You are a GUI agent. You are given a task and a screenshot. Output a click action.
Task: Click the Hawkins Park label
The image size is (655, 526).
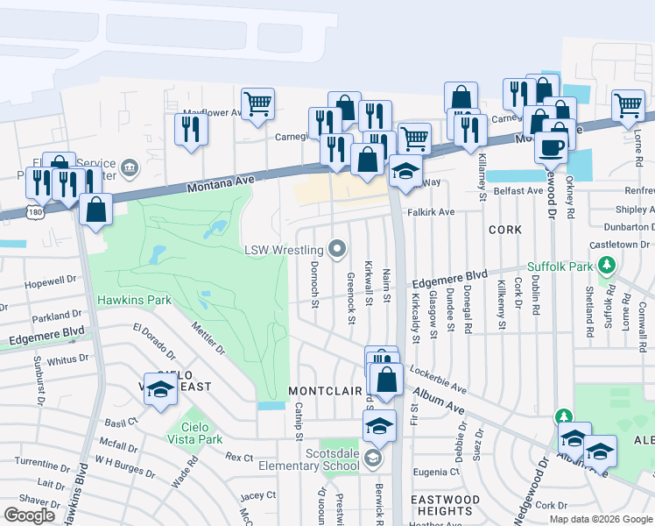point(134,300)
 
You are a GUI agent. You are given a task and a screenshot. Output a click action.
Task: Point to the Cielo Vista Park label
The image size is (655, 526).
point(197,438)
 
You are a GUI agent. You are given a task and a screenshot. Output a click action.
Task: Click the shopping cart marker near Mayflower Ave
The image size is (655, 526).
point(257,103)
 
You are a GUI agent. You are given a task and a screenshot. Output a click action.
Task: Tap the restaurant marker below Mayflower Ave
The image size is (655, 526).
point(189,129)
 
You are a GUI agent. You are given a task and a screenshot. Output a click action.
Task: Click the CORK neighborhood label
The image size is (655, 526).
point(505,230)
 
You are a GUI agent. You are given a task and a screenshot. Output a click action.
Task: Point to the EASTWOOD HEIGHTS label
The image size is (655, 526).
point(444,505)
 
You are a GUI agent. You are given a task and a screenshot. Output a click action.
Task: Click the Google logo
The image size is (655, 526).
point(29,515)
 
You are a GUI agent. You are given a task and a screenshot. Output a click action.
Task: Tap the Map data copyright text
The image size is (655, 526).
point(600,519)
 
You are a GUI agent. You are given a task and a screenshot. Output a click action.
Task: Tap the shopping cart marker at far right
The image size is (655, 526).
point(628,104)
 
